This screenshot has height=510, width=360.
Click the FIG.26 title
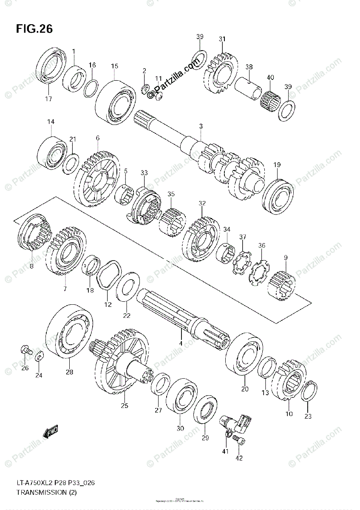34,29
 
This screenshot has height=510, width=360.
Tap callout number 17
48,99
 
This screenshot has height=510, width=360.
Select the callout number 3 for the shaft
201,126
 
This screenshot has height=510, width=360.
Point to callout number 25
124,405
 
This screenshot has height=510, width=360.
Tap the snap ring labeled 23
308,391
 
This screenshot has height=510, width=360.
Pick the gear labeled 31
221,75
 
